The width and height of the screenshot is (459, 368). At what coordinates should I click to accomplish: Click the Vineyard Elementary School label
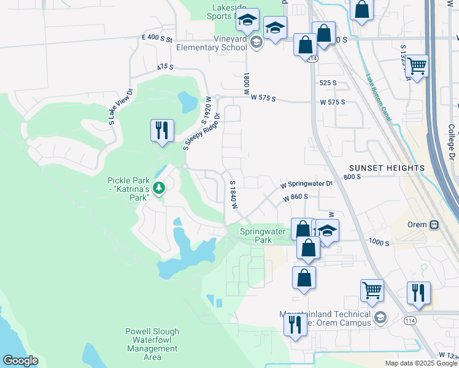coord(212,43)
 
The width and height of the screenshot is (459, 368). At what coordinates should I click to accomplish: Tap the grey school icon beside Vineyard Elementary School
coord(256,42)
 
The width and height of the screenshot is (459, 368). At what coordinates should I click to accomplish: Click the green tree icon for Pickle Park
coord(159,188)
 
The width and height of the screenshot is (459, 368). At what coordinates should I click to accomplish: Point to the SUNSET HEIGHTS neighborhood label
coord(387,167)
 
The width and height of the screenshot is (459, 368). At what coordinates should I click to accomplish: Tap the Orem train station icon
coord(434,224)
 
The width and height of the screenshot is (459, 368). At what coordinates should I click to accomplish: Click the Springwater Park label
coord(262,236)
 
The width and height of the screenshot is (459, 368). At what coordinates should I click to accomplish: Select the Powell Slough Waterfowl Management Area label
coord(152,344)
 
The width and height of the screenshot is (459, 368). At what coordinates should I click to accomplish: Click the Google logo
coord(21,361)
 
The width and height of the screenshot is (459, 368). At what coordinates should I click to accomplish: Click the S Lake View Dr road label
coord(121,107)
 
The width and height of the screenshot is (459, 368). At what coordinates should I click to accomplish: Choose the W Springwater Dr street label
coord(306,183)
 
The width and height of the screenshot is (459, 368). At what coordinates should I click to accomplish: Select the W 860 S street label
coord(295,198)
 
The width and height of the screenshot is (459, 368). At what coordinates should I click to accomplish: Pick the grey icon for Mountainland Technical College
coord(380,317)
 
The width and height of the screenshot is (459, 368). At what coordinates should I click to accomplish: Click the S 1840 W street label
coord(233,194)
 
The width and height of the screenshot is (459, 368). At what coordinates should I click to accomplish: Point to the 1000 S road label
coord(379,243)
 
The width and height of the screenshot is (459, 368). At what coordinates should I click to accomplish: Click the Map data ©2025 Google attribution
coord(420,363)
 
